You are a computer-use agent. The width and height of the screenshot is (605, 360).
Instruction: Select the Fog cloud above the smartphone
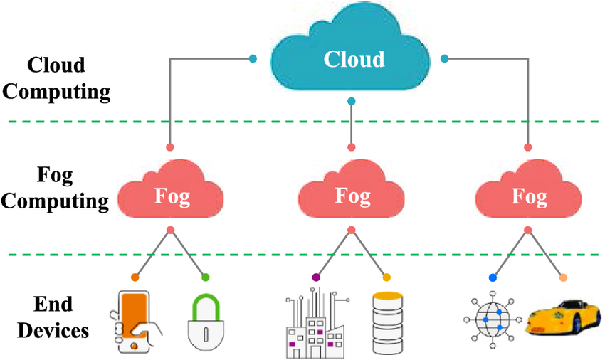tap(171, 192)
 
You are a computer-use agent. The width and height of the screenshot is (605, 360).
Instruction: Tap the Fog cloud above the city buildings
tap(351, 192)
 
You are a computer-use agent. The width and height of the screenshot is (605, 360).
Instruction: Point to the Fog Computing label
tap(57, 188)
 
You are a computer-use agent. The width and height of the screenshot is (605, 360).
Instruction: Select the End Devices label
tap(53, 317)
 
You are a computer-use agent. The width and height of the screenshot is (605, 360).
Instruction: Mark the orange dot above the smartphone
tap(135, 277)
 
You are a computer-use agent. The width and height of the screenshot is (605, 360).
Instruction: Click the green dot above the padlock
tap(206, 277)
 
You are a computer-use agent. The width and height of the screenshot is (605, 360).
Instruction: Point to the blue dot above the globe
tap(493, 277)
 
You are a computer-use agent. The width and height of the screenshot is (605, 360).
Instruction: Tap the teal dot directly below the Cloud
tap(351, 102)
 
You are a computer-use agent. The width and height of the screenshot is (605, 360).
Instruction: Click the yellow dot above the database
tap(387, 277)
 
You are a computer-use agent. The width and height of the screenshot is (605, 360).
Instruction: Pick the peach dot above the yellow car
tap(564, 277)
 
